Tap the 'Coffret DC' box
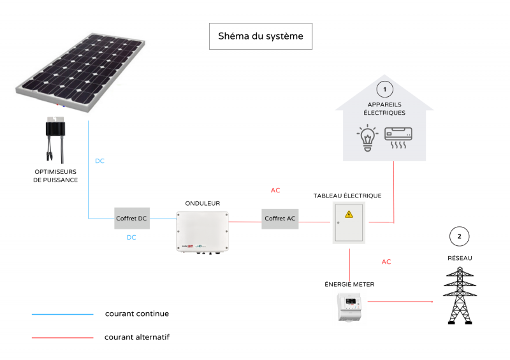tap(131, 219)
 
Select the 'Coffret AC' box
tap(280, 219)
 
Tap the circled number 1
tap(384, 88)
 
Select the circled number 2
tap(458, 236)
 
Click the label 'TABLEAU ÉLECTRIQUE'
tap(347, 196)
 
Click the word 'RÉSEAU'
tap(459, 258)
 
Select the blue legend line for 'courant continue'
tap(62, 314)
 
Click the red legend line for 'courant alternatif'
tap(62, 337)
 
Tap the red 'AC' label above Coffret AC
tap(275, 190)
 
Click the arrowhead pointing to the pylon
tap(432, 301)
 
